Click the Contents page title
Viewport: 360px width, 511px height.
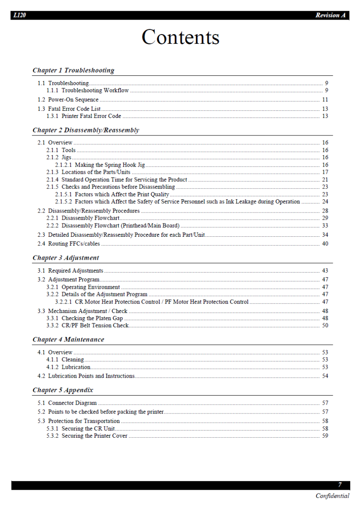click(x=180, y=37)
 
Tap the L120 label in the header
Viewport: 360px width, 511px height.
click(x=19, y=15)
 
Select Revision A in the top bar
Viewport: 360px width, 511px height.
click(x=330, y=15)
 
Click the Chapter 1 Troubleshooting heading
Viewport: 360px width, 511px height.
click(x=73, y=70)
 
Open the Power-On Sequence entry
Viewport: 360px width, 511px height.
click(x=73, y=100)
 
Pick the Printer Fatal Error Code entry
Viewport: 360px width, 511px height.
click(x=91, y=116)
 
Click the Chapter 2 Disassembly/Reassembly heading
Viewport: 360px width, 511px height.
click(x=86, y=130)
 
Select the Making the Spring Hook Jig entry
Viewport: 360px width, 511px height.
click(x=110, y=165)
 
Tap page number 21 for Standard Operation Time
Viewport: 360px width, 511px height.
click(x=325, y=180)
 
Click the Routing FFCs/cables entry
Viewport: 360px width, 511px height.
click(x=74, y=244)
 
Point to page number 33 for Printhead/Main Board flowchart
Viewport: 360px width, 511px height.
click(x=325, y=225)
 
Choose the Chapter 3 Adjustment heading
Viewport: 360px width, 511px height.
click(x=66, y=258)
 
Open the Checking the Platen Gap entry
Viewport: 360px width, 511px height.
click(x=92, y=318)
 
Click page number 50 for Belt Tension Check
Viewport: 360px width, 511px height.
click(x=325, y=325)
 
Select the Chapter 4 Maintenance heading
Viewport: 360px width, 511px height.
click(x=68, y=339)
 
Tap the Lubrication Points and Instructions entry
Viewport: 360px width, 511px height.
click(x=91, y=376)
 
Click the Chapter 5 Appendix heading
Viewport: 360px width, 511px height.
click(x=63, y=390)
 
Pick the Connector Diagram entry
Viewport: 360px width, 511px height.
click(x=72, y=403)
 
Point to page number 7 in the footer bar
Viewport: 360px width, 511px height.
click(x=340, y=485)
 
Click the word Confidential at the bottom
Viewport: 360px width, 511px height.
click(x=332, y=496)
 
